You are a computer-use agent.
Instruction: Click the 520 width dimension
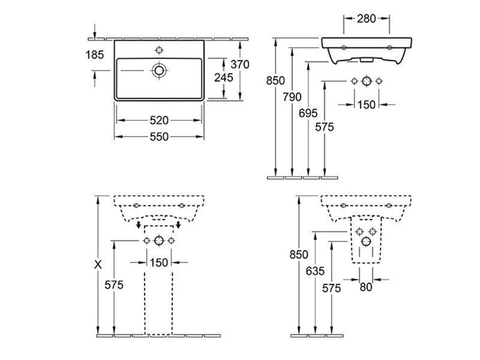pos(159,120)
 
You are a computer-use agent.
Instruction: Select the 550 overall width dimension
pos(159,136)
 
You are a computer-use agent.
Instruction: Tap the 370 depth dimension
pos(240,64)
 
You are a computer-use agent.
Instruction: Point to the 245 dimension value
pos(224,77)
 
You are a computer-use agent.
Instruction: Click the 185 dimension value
pos(95,55)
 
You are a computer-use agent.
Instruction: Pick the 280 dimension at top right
pos(367,19)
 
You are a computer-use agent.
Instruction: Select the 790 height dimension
pos(292,97)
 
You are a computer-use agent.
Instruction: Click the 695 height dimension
pos(308,113)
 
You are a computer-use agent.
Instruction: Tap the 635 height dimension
pos(315,271)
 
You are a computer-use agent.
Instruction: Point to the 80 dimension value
pos(366,287)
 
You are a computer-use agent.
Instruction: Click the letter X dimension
pos(98,264)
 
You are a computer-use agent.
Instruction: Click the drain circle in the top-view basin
pos(159,71)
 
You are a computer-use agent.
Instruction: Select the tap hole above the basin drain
pos(159,50)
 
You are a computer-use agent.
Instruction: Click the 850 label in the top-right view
pos(276,81)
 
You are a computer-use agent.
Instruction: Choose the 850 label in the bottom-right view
pos(299,255)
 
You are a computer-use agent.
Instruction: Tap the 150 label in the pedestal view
pos(159,262)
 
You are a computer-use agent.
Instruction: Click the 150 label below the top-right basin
pos(367,105)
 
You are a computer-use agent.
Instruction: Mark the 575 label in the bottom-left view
pos(114,285)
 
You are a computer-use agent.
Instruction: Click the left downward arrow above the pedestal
pos(139,225)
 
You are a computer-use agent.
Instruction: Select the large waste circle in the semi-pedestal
pos(366,242)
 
